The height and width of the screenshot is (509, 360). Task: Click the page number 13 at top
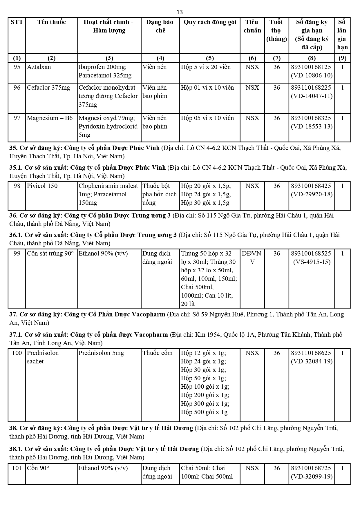180,12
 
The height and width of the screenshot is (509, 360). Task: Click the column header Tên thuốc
51,22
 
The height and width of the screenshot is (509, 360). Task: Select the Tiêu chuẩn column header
252,26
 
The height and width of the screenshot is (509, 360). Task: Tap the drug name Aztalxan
39,67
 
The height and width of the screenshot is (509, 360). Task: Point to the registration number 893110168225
311,88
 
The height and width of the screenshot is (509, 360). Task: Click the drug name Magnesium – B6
50,118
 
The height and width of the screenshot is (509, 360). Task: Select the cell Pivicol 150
42,186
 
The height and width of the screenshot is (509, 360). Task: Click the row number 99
17,253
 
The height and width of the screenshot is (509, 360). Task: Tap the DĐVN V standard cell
252,258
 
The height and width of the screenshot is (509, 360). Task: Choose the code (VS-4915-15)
312,262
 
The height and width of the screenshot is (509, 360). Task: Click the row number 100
17,353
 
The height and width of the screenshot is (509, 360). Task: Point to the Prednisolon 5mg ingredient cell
101,353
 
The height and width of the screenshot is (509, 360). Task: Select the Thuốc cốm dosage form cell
158,353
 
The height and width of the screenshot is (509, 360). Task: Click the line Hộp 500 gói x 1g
204,412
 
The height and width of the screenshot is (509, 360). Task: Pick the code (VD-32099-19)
312,477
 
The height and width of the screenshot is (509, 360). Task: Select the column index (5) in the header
209,58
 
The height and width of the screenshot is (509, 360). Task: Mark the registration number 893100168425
311,186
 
